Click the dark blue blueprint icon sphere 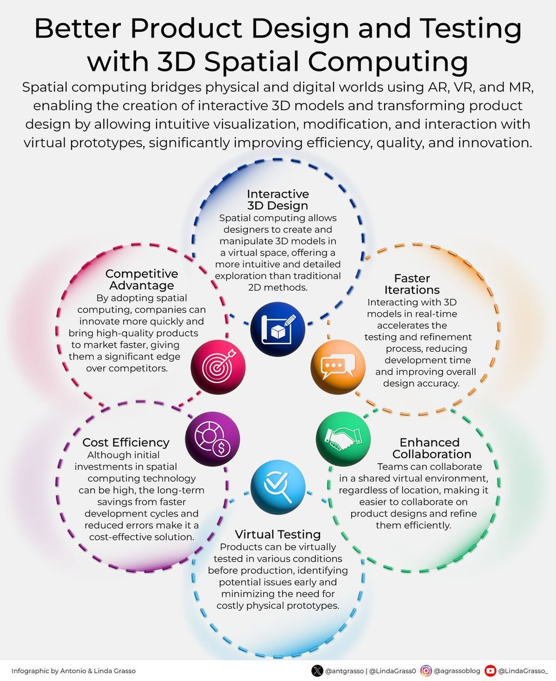pyautogui.click(x=277, y=329)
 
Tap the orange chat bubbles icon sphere pyautogui.click(x=338, y=367)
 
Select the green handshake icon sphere pyautogui.click(x=343, y=439)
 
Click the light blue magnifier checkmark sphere pyautogui.click(x=277, y=486)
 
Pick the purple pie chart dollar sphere pyautogui.click(x=212, y=439)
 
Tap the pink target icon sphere pyautogui.click(x=218, y=367)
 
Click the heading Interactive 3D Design pyautogui.click(x=277, y=200)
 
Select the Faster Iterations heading pyautogui.click(x=412, y=284)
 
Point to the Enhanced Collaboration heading pyautogui.click(x=431, y=448)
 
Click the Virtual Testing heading pyautogui.click(x=277, y=535)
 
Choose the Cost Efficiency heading pyautogui.click(x=126, y=443)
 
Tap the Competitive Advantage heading pyautogui.click(x=141, y=279)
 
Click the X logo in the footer pyautogui.click(x=317, y=671)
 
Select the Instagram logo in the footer pyautogui.click(x=426, y=671)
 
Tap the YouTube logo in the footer pyautogui.click(x=490, y=671)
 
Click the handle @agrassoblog pyautogui.click(x=457, y=671)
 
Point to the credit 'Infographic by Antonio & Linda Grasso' pyautogui.click(x=74, y=671)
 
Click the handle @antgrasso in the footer pyautogui.click(x=344, y=671)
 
